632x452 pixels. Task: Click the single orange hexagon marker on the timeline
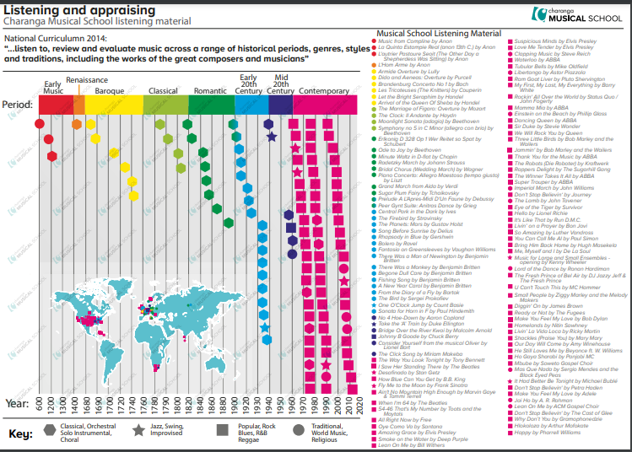coord(77,124)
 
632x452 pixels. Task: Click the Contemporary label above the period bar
coord(325,89)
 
